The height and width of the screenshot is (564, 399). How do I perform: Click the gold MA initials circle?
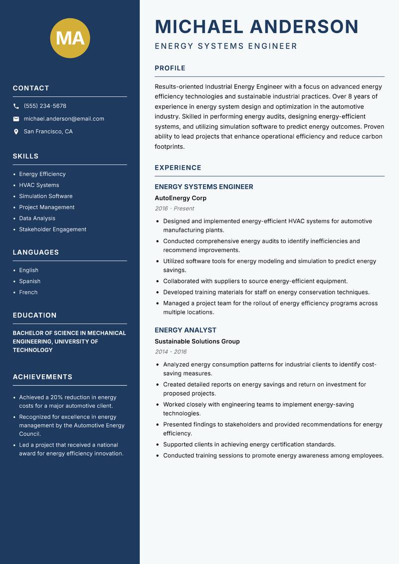[x=70, y=38]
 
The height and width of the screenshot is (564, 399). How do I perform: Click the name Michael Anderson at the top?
[x=257, y=26]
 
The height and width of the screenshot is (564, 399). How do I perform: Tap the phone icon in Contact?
[x=16, y=106]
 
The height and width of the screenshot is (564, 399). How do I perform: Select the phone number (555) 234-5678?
[x=45, y=106]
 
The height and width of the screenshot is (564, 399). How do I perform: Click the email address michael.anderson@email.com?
[x=64, y=119]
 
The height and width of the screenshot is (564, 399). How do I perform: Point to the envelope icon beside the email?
[x=16, y=119]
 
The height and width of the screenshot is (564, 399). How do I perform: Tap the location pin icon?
[x=16, y=132]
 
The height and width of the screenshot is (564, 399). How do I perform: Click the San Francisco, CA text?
[x=48, y=132]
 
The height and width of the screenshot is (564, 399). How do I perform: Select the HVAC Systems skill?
[x=39, y=185]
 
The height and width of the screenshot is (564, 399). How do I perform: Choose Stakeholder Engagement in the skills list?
[x=52, y=230]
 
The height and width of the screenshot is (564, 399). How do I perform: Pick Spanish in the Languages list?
[x=29, y=282]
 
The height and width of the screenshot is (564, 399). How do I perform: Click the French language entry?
[x=28, y=292]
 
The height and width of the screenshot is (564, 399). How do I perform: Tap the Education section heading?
[x=34, y=315]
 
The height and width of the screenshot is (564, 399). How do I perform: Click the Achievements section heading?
[x=42, y=377]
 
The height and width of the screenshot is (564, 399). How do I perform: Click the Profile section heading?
[x=170, y=68]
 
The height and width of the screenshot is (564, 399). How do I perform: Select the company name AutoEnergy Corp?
[x=181, y=198]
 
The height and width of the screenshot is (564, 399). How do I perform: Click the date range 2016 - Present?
[x=174, y=209]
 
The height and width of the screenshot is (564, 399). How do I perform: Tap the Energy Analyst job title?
[x=186, y=330]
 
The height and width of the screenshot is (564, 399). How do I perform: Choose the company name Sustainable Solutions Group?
[x=197, y=341]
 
